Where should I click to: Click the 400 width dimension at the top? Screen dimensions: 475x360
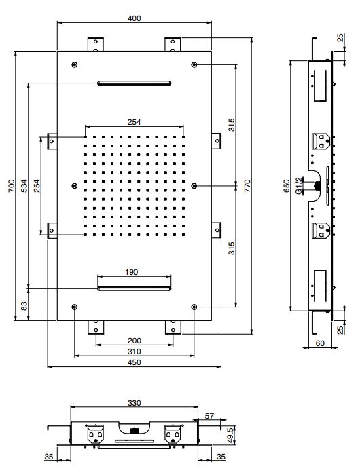(x=134, y=18)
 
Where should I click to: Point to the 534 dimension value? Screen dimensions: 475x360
(x=24, y=186)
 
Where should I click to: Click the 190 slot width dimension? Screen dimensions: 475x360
(x=132, y=272)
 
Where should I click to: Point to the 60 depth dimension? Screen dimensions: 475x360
(x=319, y=344)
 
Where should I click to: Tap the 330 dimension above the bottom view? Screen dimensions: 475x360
(x=134, y=402)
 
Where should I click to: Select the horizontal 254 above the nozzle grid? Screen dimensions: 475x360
(x=134, y=122)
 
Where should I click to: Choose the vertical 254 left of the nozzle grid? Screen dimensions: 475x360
(x=37, y=186)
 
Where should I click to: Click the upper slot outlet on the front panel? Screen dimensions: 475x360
(x=134, y=83)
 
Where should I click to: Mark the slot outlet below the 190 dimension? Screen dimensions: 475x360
(x=134, y=288)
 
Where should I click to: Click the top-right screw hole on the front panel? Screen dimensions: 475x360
(x=195, y=64)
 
